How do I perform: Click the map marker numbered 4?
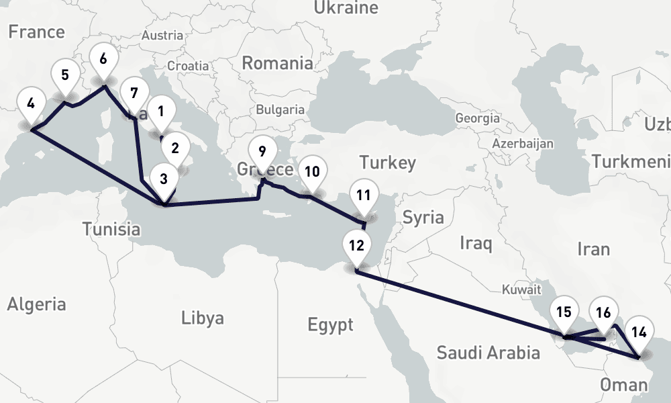coord(31,105)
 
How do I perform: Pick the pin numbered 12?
coord(356,245)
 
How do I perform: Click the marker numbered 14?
coord(639,332)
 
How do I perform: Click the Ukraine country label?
coord(346,9)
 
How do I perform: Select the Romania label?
coord(277,64)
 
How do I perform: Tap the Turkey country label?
coord(387,163)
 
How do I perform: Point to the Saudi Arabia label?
coord(488,353)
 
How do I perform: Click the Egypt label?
coord(330,326)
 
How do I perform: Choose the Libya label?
coord(203,318)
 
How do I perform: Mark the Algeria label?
coord(37,304)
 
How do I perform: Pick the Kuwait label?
coord(521,290)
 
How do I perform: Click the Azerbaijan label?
coord(522,144)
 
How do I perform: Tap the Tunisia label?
coord(111,229)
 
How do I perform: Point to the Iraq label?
coord(476,242)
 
